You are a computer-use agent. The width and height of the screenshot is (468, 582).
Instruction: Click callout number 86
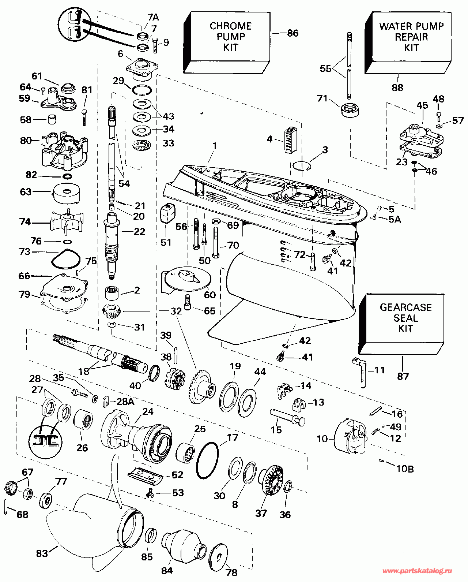(x=292, y=33)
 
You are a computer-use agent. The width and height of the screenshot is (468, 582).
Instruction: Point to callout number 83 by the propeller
(x=42, y=553)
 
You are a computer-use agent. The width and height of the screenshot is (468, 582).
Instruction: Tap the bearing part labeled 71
(x=351, y=110)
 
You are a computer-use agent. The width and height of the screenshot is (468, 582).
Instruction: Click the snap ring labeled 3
(x=302, y=166)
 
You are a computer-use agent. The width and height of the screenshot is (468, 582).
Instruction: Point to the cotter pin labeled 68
(x=7, y=506)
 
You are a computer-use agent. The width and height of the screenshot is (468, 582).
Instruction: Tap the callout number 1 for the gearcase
(x=214, y=146)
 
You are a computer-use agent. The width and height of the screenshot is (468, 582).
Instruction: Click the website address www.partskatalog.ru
(x=416, y=571)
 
